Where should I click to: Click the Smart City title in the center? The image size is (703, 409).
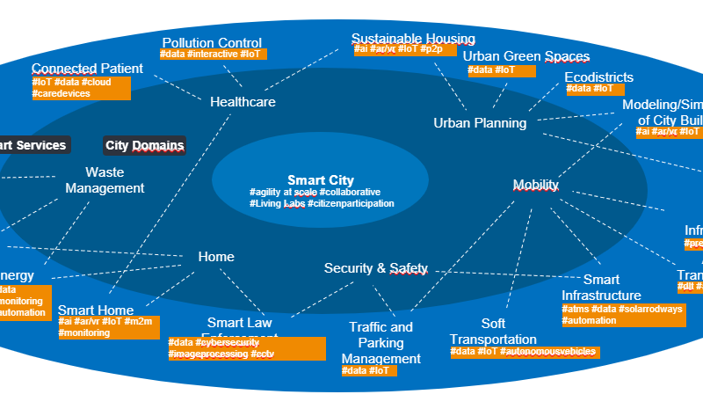click(320, 180)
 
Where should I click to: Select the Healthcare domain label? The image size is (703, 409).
click(243, 102)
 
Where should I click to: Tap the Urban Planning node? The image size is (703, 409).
click(480, 123)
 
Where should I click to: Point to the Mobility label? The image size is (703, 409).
click(535, 185)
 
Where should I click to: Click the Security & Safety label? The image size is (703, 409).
click(375, 268)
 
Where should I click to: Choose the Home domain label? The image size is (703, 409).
click(216, 257)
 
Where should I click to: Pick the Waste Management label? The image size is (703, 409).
click(105, 180)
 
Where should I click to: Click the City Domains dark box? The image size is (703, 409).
click(144, 145)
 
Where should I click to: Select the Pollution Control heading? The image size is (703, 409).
click(212, 42)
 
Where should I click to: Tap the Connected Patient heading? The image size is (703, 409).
click(87, 69)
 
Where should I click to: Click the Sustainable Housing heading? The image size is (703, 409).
click(413, 39)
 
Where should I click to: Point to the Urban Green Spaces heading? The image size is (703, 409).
click(526, 56)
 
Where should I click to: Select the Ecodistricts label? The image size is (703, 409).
click(598, 77)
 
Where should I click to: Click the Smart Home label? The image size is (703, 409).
click(96, 310)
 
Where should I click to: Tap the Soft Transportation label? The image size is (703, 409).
click(493, 332)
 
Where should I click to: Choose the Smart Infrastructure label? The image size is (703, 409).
click(601, 288)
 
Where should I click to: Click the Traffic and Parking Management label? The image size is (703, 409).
click(380, 343)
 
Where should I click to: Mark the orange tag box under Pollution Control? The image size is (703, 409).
click(213, 55)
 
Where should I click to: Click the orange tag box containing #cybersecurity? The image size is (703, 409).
click(246, 348)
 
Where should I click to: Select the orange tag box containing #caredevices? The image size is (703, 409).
click(81, 88)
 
